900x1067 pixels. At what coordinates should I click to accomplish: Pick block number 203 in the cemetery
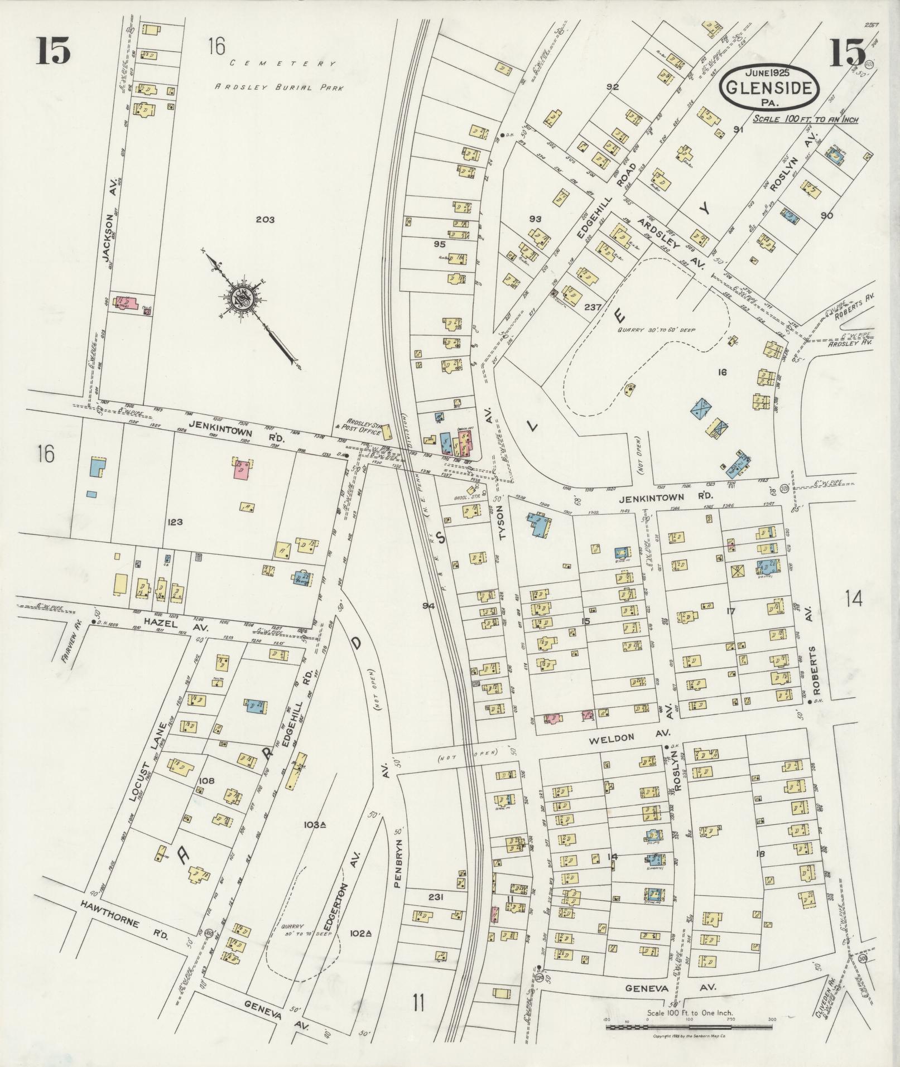[265, 220]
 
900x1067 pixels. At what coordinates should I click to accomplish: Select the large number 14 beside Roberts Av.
[854, 599]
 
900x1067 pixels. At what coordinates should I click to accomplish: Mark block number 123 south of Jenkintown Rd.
[175, 522]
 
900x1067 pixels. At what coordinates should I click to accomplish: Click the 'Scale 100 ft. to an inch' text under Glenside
[805, 119]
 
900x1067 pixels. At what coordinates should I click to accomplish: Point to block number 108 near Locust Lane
[206, 781]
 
